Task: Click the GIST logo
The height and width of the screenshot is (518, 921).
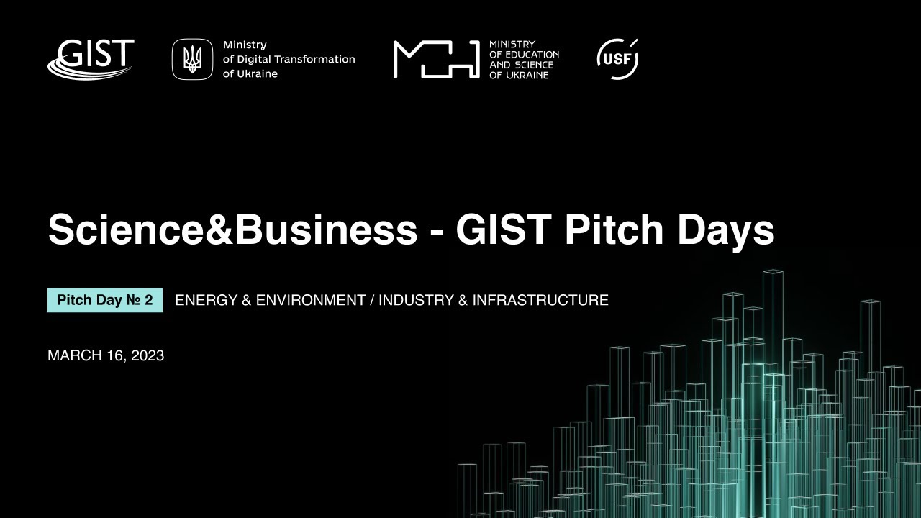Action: [x=91, y=58]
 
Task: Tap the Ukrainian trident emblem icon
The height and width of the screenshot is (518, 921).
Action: [x=192, y=59]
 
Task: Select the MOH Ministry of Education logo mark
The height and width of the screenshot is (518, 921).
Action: [x=436, y=59]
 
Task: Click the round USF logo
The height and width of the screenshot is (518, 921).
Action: [x=617, y=59]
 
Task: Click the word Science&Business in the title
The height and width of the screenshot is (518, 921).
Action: [x=232, y=230]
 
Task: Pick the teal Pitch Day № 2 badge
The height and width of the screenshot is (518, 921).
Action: [x=105, y=300]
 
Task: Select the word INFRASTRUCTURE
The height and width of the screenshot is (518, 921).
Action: [x=540, y=300]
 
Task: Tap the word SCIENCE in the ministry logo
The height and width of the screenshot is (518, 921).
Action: [x=533, y=65]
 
